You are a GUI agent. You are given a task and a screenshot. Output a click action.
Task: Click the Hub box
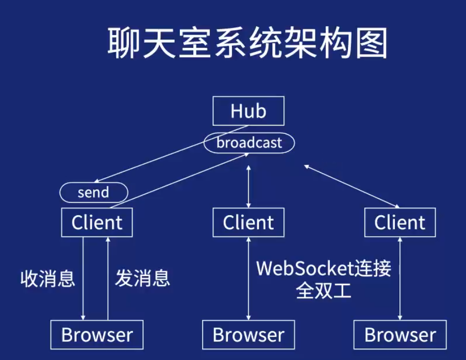click(x=248, y=111)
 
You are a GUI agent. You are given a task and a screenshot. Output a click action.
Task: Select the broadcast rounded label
click(x=249, y=143)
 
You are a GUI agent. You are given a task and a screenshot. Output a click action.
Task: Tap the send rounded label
click(x=93, y=193)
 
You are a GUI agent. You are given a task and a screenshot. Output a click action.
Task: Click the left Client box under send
click(x=97, y=222)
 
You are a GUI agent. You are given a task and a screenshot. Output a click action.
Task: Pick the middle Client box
click(x=248, y=222)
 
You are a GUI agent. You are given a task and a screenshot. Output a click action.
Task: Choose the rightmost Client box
click(x=400, y=222)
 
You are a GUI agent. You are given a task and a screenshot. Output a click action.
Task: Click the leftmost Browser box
click(x=97, y=335)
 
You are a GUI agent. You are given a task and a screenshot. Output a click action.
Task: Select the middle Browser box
click(x=248, y=335)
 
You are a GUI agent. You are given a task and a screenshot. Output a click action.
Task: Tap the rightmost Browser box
click(x=400, y=335)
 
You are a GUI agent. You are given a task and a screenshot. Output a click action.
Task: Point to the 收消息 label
click(x=48, y=278)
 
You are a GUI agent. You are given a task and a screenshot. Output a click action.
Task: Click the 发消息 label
click(x=142, y=278)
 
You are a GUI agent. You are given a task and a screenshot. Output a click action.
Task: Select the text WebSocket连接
click(x=324, y=268)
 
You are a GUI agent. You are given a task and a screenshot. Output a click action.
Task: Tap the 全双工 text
click(x=324, y=291)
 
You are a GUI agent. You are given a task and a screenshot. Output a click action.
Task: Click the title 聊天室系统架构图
click(x=247, y=43)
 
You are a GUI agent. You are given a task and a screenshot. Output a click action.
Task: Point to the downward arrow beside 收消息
click(x=84, y=278)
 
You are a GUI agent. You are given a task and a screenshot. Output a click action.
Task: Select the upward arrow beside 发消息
click(x=108, y=278)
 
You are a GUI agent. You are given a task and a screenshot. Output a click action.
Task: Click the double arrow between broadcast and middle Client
click(x=249, y=186)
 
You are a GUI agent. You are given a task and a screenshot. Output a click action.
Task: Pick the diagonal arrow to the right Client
click(x=352, y=186)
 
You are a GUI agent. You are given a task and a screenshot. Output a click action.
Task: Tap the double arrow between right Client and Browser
click(x=400, y=278)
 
